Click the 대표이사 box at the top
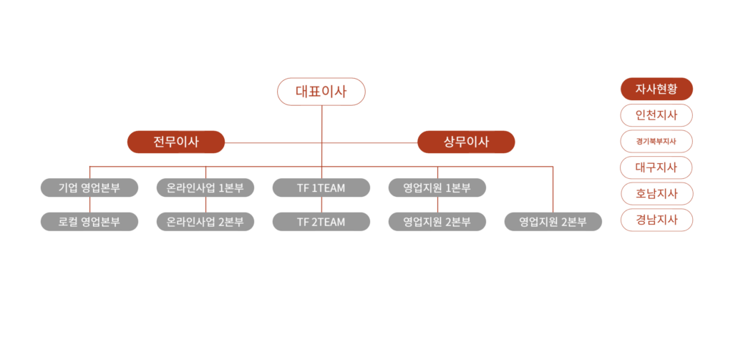pos(321,92)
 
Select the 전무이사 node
pos(176,142)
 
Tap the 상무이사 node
pos(466,142)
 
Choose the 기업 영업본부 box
pos(89,188)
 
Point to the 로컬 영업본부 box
pos(89,222)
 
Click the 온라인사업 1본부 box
pos(205,188)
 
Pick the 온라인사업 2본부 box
pos(205,222)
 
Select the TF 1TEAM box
pos(321,188)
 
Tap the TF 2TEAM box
pos(321,222)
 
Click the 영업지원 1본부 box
pos(437,188)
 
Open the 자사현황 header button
pos(656,89)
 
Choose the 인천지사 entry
pos(656,115)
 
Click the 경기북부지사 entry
pos(656,142)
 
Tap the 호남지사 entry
pos(656,194)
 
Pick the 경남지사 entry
pos(656,220)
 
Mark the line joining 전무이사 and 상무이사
pos(272,142)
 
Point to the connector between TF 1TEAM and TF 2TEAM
pos(321,205)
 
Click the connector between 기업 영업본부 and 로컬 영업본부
pos(89,205)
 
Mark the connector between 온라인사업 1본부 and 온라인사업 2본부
pos(205,205)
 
